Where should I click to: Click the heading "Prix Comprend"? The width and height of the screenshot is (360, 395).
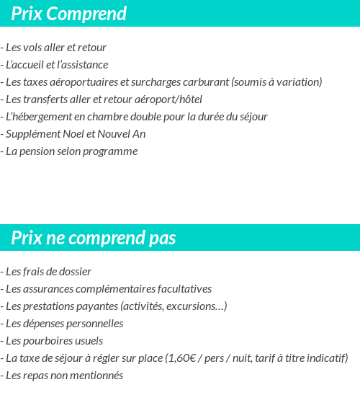coord(68,14)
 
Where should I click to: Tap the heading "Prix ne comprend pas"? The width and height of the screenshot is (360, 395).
coord(93,238)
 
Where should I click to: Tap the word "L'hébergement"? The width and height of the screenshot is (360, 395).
coord(35,117)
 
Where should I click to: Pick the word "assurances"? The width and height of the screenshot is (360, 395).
coord(45,289)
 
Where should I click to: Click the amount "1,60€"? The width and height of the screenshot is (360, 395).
coord(184,358)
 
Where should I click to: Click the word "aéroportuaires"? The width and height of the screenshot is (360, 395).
coord(84,82)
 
